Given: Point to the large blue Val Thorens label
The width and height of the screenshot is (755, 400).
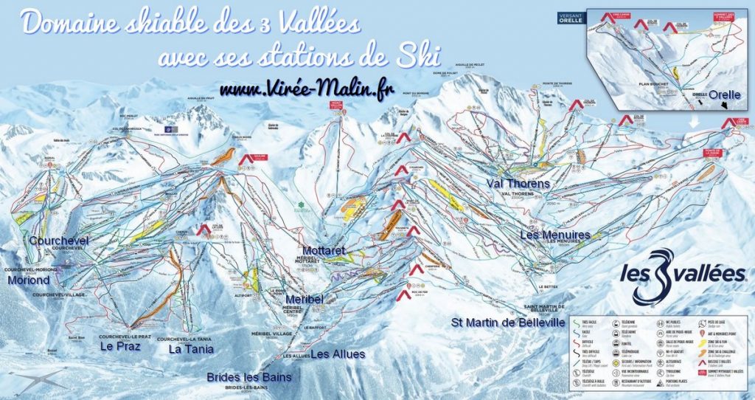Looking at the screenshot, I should coord(518,183).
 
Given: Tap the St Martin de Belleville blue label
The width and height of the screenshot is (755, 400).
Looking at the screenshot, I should coord(508,323).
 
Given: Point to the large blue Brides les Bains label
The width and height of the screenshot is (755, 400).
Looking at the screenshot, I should coord(249,377).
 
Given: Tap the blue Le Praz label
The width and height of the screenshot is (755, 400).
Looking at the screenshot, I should coord(122,345).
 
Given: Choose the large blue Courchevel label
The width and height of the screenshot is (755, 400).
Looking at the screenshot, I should coord(58,241).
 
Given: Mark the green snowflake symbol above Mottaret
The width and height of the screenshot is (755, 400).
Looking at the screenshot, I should coord(300,204).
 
